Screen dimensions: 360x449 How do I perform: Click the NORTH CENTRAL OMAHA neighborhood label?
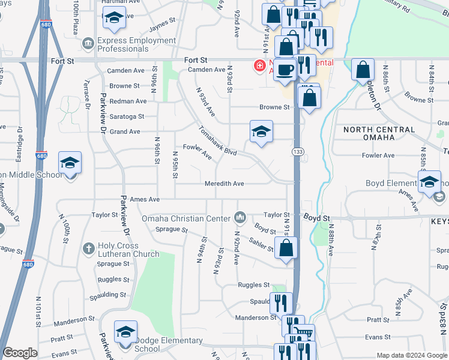pyautogui.click(x=379, y=134)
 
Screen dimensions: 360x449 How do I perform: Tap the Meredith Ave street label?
pyautogui.click(x=224, y=184)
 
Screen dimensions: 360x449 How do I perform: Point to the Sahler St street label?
pyautogui.click(x=259, y=240)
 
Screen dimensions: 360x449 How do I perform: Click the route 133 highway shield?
pyautogui.click(x=297, y=152)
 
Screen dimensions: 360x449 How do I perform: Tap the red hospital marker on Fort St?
pyautogui.click(x=260, y=65)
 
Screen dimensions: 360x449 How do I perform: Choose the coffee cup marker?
pyautogui.click(x=286, y=68)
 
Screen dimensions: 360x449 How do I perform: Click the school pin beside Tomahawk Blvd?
pyautogui.click(x=261, y=132)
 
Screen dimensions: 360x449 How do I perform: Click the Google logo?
pyautogui.click(x=20, y=353)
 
